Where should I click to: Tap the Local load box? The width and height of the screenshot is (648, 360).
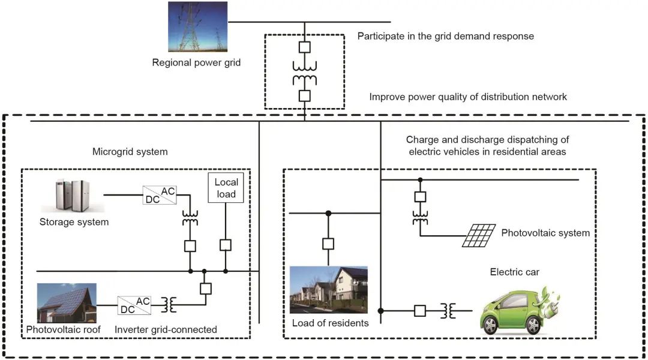tap(226, 187)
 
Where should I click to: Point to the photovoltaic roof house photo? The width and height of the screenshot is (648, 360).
tap(66, 303)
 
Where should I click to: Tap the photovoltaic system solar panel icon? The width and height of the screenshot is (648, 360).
tap(478, 236)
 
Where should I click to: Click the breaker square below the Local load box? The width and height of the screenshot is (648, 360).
tap(226, 245)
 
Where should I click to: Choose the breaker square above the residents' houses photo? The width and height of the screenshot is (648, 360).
tap(328, 244)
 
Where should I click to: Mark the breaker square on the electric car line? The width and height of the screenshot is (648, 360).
tap(420, 311)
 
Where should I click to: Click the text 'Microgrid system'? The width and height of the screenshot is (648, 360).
tap(130, 152)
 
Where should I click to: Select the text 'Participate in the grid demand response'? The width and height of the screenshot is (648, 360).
tap(445, 36)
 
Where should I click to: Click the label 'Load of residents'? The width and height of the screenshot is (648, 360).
tap(330, 323)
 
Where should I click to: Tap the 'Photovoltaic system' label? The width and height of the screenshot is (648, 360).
tap(545, 233)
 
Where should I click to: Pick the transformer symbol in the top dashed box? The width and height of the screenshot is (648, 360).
tap(304, 71)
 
